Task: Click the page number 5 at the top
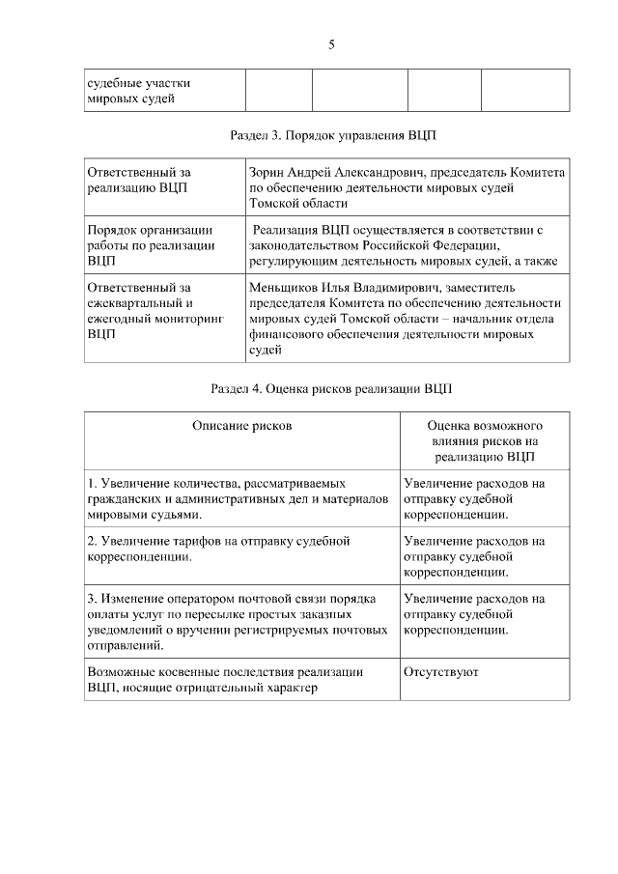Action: point(331,44)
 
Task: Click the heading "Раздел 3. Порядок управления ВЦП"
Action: point(327,135)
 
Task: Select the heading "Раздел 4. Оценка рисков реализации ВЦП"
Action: point(326,389)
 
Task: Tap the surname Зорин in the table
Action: point(267,172)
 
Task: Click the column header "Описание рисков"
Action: point(241,425)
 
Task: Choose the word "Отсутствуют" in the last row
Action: point(441,672)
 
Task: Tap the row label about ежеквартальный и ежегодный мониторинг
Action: point(154,310)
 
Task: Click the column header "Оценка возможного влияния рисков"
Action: point(485,440)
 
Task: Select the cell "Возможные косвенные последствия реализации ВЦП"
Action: point(224,680)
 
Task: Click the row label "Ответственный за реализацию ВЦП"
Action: point(139,180)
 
